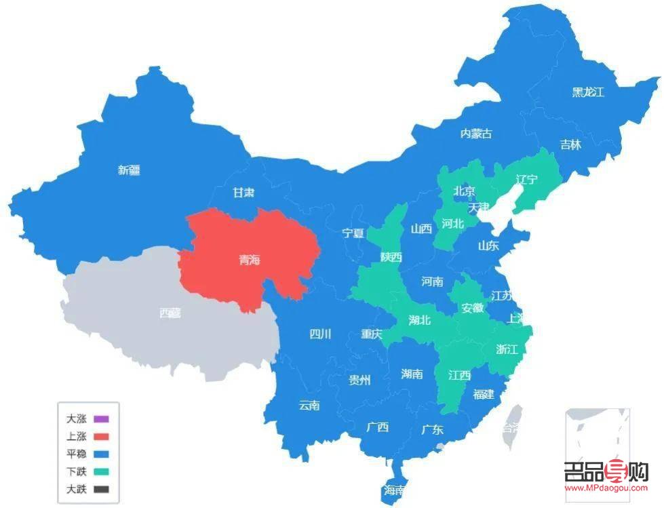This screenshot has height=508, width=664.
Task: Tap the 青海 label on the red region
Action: (x=249, y=260)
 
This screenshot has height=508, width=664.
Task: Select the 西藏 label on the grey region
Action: (x=170, y=313)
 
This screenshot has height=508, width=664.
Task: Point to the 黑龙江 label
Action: (x=587, y=92)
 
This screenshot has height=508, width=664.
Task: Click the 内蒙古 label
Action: (x=476, y=134)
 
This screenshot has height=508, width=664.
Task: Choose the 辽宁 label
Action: (x=526, y=180)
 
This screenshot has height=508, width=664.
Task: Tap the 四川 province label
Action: (x=320, y=334)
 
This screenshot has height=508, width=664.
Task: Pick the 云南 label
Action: (x=309, y=406)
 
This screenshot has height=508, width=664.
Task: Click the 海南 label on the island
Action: (x=394, y=490)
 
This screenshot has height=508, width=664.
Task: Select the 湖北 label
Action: (x=420, y=320)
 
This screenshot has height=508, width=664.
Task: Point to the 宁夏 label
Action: (x=353, y=233)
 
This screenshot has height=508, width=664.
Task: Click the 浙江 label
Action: (x=507, y=349)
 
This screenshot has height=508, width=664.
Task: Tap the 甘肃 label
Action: (x=243, y=193)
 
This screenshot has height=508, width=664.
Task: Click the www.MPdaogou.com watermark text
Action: (x=606, y=488)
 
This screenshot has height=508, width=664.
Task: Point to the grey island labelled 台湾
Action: (x=513, y=427)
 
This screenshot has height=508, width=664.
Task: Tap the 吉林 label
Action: (x=570, y=144)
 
